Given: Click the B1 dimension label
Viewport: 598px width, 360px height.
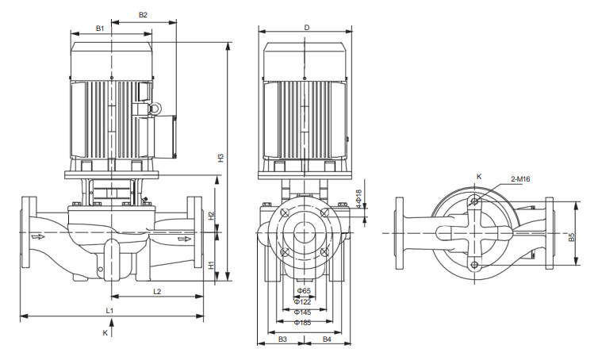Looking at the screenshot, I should (100, 28).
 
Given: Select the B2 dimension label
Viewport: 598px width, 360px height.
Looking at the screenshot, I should (143, 14).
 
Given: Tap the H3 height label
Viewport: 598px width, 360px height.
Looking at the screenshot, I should (221, 158).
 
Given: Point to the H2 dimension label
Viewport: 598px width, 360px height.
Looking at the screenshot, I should (211, 215).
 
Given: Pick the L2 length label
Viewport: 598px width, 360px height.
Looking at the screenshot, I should (157, 292).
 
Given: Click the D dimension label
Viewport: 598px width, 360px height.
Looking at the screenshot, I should (306, 27).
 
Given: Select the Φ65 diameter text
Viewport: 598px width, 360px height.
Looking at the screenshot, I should (302, 292).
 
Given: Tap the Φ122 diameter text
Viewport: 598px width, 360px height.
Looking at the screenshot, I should (302, 301).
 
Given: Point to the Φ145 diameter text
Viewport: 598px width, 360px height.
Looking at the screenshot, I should (302, 312).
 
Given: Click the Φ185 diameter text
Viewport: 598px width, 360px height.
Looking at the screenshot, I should (302, 322).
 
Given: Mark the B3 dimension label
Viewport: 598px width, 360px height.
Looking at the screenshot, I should (282, 339).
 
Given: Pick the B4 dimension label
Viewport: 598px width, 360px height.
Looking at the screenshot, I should (327, 339).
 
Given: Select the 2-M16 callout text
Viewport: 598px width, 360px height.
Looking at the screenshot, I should (520, 179).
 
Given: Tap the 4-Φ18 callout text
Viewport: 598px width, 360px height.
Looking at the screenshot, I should (358, 198).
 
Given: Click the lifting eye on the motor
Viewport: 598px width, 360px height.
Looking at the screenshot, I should (155, 106).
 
